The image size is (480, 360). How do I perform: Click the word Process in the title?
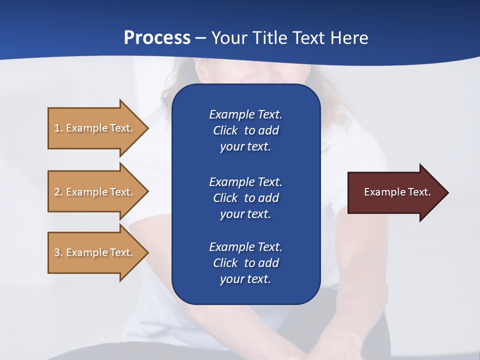click(157, 38)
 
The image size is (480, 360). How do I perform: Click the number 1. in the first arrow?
click(58, 128)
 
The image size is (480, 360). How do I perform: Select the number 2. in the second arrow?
click(58, 192)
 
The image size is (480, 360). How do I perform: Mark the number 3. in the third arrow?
click(58, 252)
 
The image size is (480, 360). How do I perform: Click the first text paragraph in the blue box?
click(245, 130)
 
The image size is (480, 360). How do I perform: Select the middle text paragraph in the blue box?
click(245, 198)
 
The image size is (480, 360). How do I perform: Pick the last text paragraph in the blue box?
click(245, 263)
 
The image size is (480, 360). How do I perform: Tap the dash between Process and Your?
click(201, 38)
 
